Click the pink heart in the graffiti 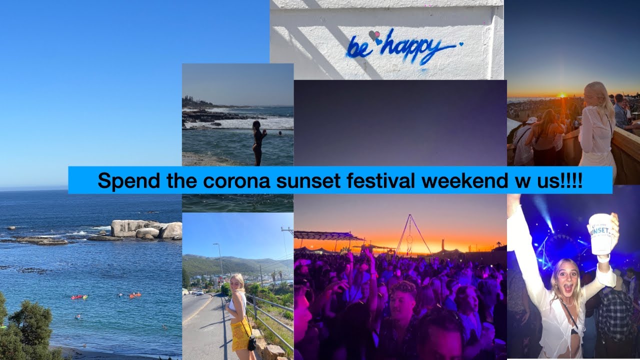372,34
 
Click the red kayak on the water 78,297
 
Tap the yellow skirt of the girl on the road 240,334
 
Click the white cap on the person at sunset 530,120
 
